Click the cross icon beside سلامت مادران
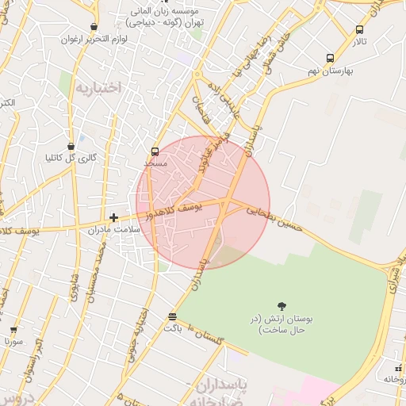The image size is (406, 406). tap(114, 216)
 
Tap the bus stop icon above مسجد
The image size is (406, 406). tap(155, 151)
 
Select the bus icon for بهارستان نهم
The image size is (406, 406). tap(330, 58)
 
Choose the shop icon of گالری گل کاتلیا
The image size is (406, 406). tap(71, 146)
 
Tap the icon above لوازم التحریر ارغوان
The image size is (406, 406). tap(94, 27)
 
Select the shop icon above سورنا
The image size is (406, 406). tap(13, 330)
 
